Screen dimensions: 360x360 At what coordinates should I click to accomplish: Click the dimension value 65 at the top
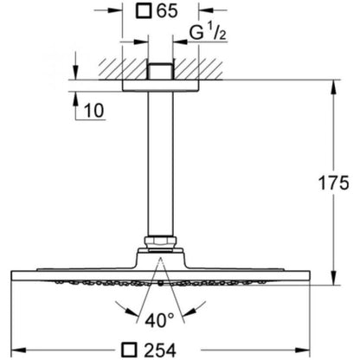coord(167,11)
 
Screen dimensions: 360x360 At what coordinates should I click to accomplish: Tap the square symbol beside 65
coord(143,11)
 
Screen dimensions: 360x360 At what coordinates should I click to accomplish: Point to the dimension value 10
coord(94,110)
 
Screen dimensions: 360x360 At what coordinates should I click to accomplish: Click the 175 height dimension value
coord(333,183)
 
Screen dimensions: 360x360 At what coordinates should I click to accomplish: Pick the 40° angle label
coord(159,320)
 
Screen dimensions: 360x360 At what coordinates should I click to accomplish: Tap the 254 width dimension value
coord(160,350)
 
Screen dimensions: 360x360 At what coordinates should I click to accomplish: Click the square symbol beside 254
coord(129,350)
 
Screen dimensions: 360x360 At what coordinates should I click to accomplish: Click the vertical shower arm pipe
coord(161,164)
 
